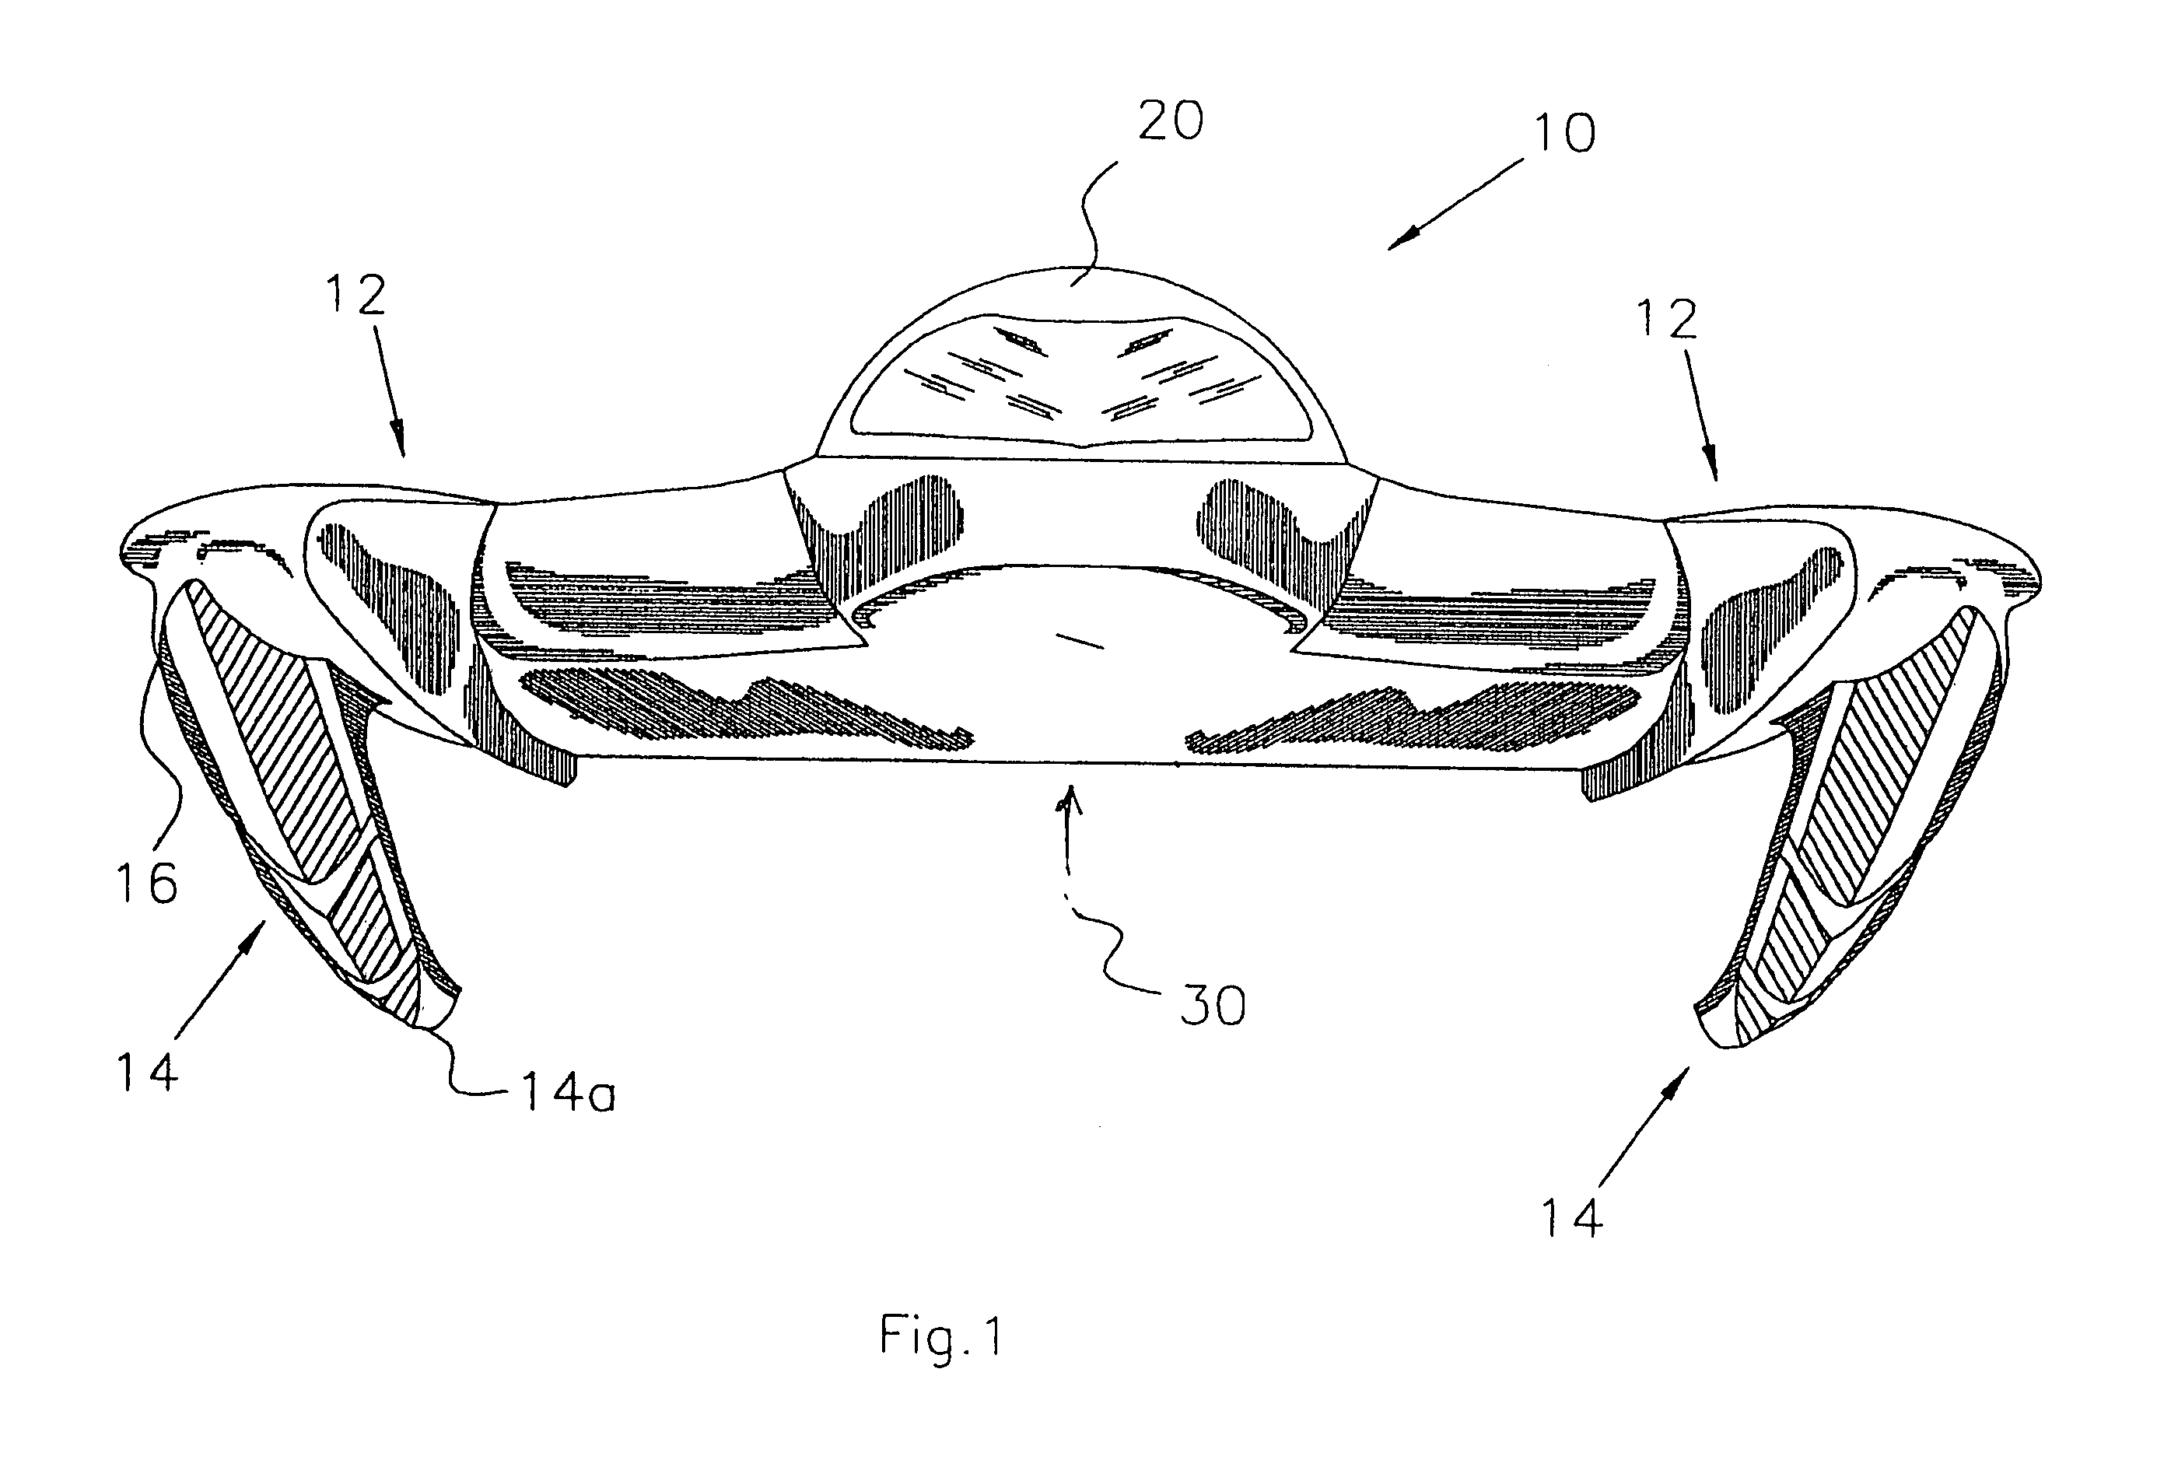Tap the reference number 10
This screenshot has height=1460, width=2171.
coord(1564,134)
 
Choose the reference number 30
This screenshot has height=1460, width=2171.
coord(1213,1007)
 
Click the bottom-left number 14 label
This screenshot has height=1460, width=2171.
coord(147,1071)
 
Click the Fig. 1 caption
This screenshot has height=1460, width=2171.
coord(941,1336)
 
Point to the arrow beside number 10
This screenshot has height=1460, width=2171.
coord(1456,203)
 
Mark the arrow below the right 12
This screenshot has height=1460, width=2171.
coord(1703,415)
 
